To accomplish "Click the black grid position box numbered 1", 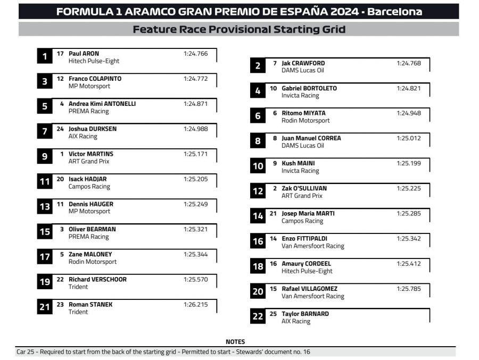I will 45,56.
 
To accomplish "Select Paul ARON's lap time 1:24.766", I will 195,54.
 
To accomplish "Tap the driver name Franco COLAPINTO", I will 95,79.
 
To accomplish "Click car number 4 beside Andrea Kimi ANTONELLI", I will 62,104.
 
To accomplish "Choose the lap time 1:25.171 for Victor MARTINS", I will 195,154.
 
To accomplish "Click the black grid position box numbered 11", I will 45,182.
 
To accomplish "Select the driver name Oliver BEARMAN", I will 92,229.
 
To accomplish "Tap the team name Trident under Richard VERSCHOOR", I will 78,287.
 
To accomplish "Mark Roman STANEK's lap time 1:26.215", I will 195,305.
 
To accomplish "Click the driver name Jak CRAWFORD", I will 303,63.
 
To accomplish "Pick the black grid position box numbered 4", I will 258,91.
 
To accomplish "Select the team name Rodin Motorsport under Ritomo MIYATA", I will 305,121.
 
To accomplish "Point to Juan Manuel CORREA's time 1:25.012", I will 408,138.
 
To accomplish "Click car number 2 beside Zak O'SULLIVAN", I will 275,188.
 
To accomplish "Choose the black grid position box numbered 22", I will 258,317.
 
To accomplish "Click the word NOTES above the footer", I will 235,342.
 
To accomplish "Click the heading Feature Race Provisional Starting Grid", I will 239,29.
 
